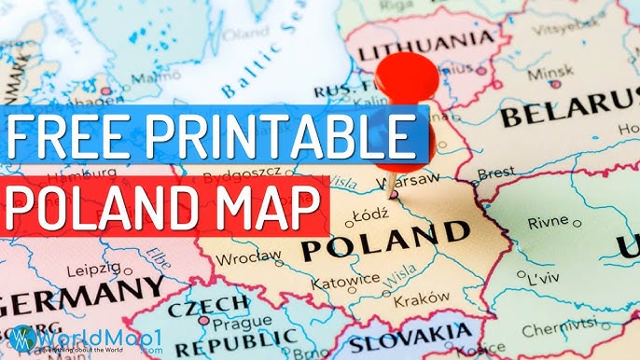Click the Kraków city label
click(x=415, y=300)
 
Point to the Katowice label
click(x=345, y=278)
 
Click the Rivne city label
click(x=548, y=224)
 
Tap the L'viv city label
click(x=543, y=280)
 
